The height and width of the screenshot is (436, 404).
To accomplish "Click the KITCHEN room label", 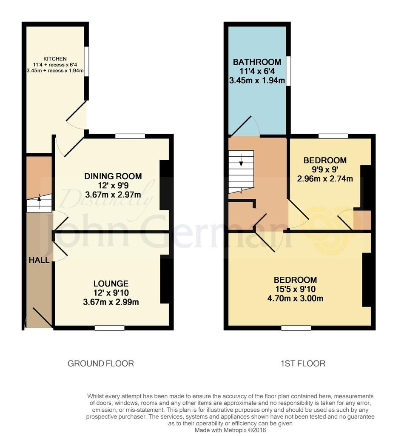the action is pos(55,59).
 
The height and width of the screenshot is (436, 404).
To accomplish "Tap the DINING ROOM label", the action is pos(113,176).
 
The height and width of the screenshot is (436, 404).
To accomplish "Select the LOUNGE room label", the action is pos(111,283).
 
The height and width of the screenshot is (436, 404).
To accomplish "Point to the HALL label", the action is pos(39,260).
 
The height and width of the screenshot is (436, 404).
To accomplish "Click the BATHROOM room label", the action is pos(257,62).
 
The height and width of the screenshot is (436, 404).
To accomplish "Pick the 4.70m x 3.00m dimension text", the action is pos(295,298).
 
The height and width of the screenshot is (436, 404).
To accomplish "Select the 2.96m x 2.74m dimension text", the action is pos(325,178).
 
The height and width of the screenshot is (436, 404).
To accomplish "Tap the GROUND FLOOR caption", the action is pos(101,364).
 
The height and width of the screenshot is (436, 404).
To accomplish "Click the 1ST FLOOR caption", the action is pos(303,364).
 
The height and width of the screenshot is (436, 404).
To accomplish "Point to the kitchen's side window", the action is pos(87,61).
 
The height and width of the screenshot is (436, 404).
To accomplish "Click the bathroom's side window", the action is pos(289,71).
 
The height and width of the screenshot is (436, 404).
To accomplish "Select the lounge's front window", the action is pos(109,328).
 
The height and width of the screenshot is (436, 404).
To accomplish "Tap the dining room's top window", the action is pos(130,136).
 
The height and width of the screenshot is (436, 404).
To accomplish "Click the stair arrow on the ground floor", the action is pos(39,201).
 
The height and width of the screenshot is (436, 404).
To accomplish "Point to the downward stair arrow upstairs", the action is pos(241,160).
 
